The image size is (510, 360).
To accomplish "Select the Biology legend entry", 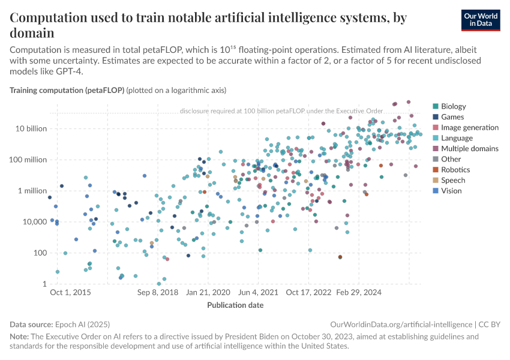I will [x=453, y=106].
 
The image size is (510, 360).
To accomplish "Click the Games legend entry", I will [x=452, y=117].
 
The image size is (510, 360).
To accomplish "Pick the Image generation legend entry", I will [x=469, y=127].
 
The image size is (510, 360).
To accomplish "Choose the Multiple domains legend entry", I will [x=469, y=148].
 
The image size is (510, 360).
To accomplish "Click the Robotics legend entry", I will [x=455, y=170].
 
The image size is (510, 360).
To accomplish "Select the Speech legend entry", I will [x=453, y=180].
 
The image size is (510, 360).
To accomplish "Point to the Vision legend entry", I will [x=451, y=191].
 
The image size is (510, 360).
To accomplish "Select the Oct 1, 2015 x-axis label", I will [x=70, y=293].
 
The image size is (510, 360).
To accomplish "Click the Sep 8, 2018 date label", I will [x=158, y=293].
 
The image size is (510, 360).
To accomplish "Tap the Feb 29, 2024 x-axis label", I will [x=359, y=293].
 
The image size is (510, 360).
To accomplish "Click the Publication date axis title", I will [x=235, y=305].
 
